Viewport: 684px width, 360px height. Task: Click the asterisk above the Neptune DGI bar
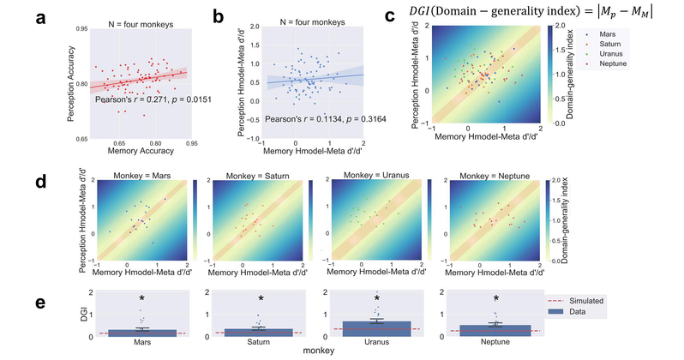point(495,299)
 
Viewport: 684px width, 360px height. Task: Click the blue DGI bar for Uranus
point(375,329)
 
